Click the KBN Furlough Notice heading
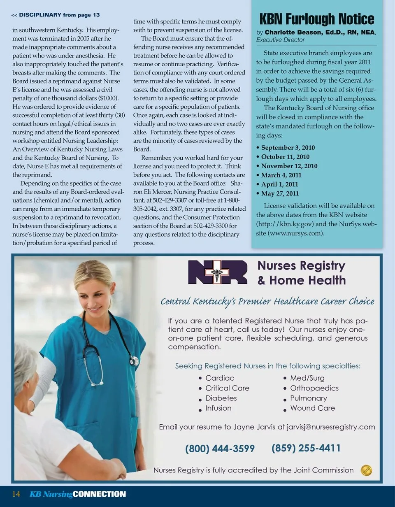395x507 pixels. pyautogui.click(x=317, y=19)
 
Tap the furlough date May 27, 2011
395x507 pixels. pyautogui.click(x=280, y=193)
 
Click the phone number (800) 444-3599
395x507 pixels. pyautogui.click(x=220, y=449)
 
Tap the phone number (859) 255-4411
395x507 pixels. pyautogui.click(x=306, y=448)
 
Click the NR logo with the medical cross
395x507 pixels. pyautogui.click(x=217, y=272)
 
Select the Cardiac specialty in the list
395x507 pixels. pyautogui.click(x=220, y=378)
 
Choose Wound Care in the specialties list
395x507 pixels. pyautogui.click(x=312, y=408)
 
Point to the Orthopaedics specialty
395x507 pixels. pyautogui.click(x=314, y=388)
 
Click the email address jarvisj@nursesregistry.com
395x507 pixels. pyautogui.click(x=331, y=427)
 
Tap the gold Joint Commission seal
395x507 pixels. pyautogui.click(x=366, y=470)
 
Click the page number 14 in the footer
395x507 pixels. pyautogui.click(x=16, y=494)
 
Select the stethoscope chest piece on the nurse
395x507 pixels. pyautogui.click(x=134, y=361)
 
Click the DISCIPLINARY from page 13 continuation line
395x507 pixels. pyautogui.click(x=56, y=15)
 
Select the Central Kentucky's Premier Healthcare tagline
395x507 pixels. pyautogui.click(x=267, y=302)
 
